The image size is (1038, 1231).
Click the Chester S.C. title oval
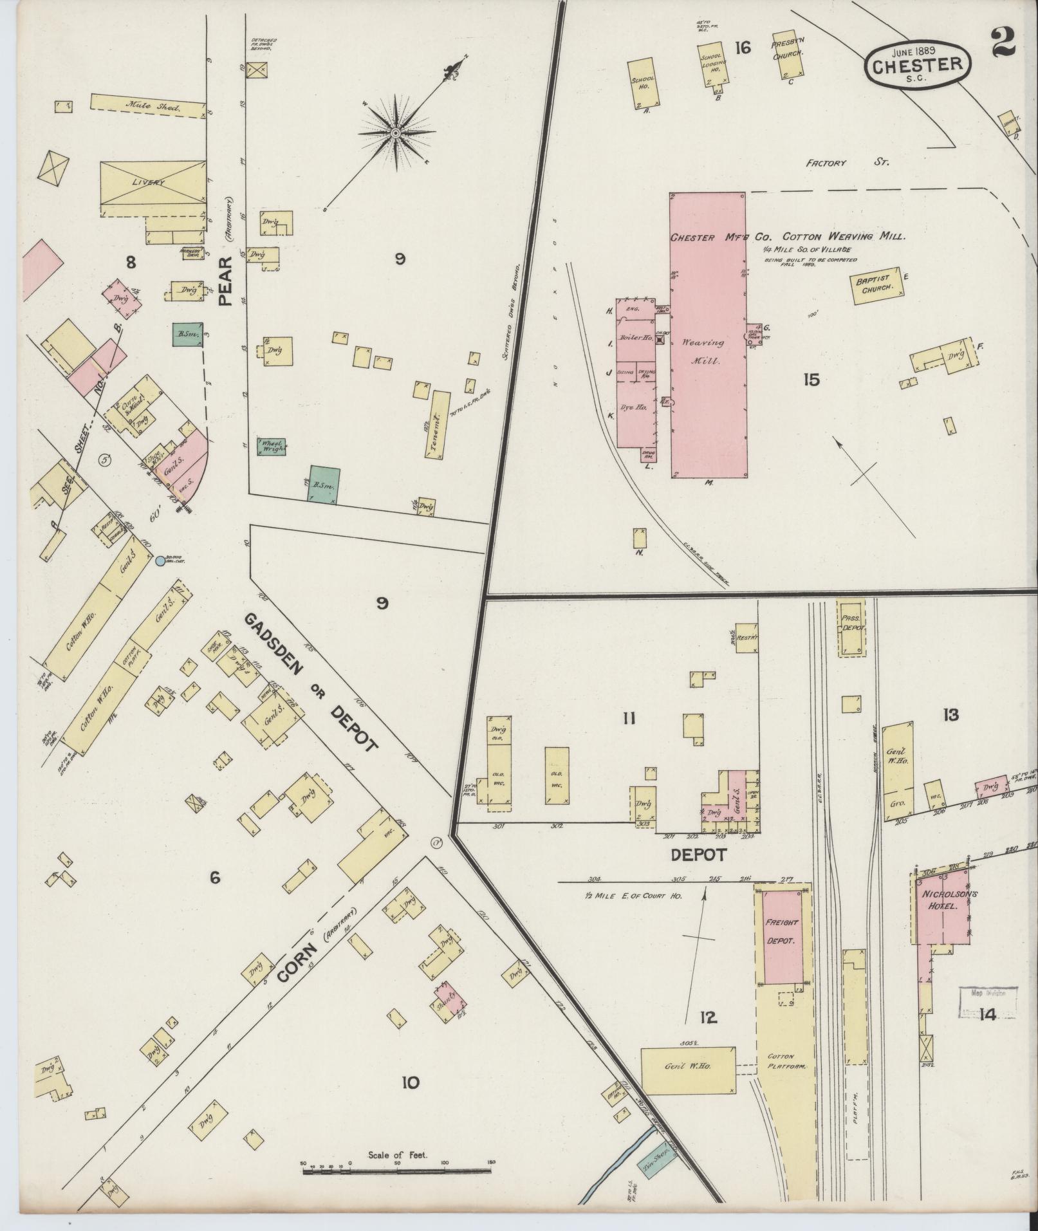(x=918, y=64)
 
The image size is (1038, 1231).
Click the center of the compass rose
(x=396, y=133)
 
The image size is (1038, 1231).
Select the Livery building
(x=153, y=183)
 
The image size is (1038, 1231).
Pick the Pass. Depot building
(x=852, y=628)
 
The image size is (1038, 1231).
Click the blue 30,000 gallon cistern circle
(x=160, y=561)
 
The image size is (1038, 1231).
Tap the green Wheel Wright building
(x=272, y=447)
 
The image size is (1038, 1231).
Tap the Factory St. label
(x=847, y=163)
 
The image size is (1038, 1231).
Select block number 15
(x=811, y=380)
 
